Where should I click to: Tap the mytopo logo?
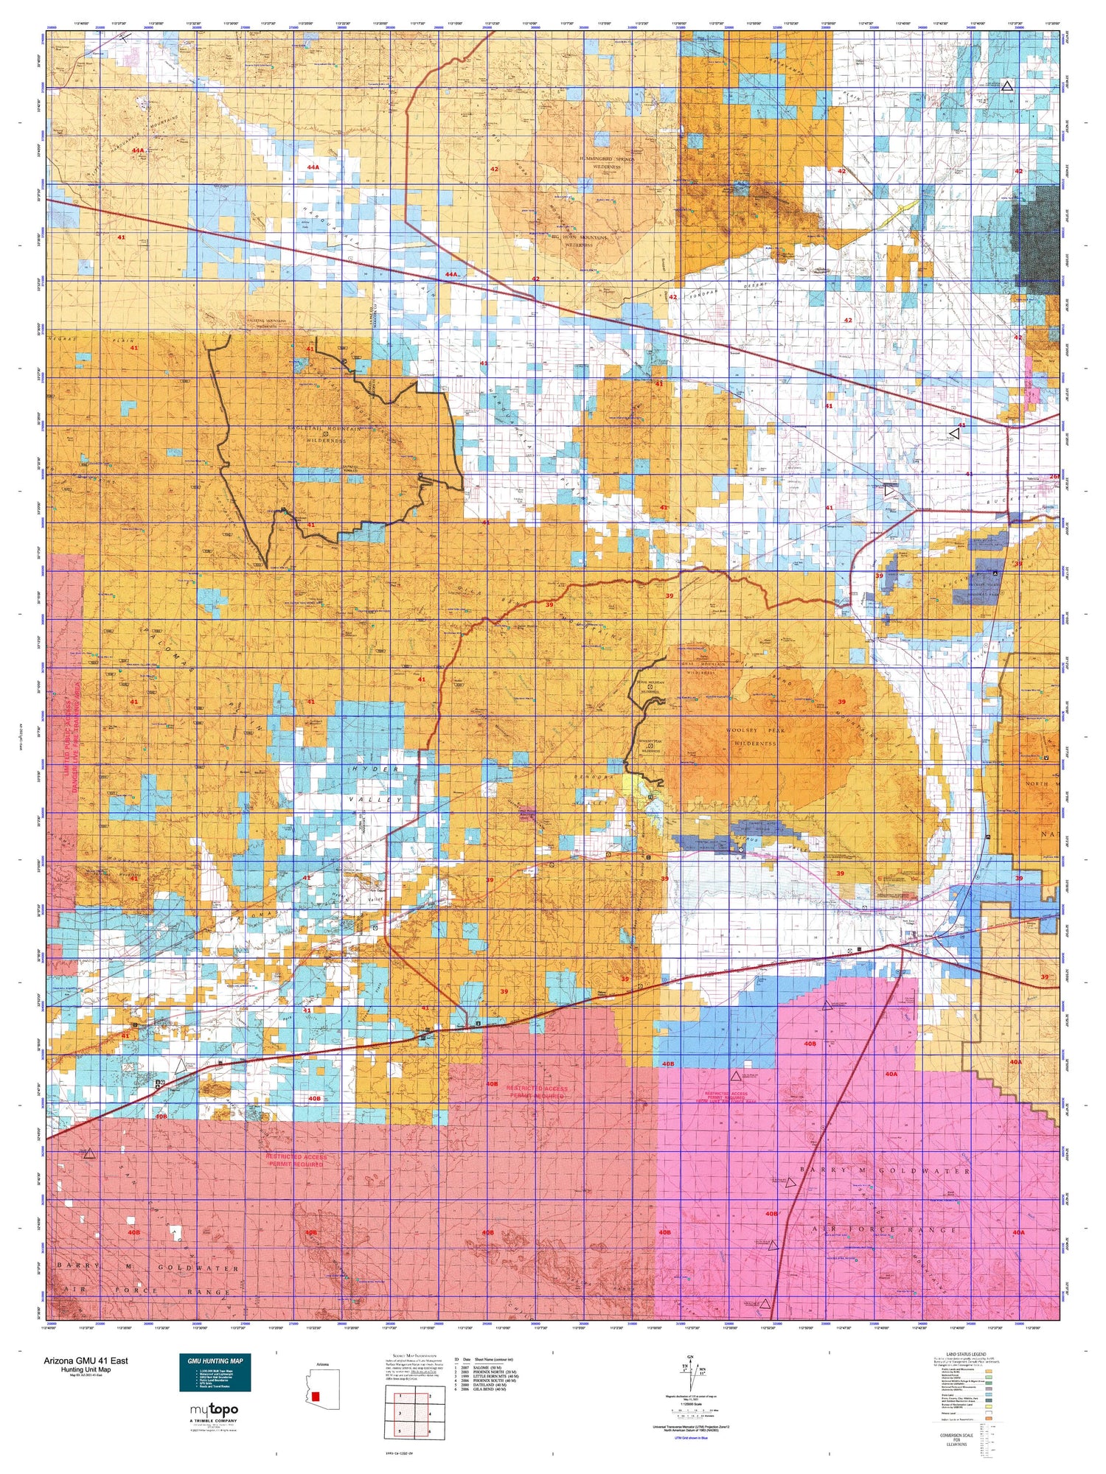(215, 1410)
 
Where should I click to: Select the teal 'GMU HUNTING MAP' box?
(215, 1369)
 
